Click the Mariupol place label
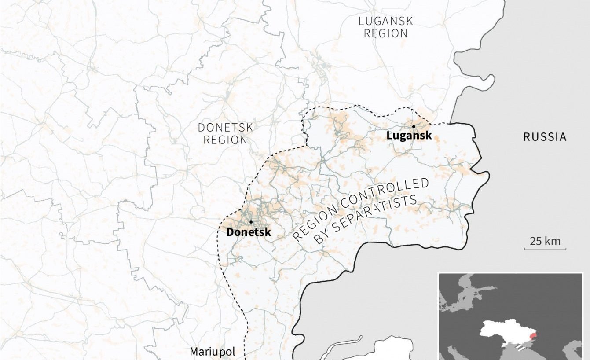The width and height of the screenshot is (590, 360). (213, 352)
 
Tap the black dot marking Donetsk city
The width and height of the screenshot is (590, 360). (251, 222)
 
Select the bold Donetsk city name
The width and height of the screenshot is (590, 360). (249, 232)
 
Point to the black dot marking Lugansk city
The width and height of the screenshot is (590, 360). (414, 126)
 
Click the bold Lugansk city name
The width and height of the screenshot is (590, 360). (409, 136)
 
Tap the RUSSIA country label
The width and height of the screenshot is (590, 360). (545, 137)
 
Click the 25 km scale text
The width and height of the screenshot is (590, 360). (545, 241)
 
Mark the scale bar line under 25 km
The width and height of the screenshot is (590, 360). (545, 249)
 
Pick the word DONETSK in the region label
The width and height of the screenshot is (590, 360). (225, 128)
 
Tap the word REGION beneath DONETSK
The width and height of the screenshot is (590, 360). (225, 140)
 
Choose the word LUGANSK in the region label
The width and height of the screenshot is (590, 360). (385, 21)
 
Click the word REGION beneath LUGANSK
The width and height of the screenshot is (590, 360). (385, 33)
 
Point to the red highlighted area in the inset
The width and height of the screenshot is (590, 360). (533, 338)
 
